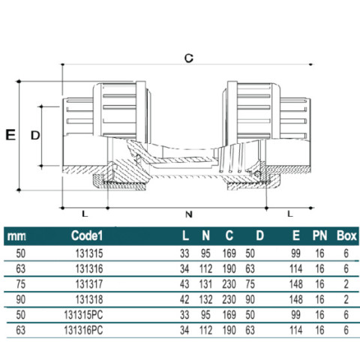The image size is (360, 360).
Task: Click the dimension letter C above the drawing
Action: [x=189, y=58]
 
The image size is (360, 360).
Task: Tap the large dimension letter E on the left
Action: [x=10, y=135]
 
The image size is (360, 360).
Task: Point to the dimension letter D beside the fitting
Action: [x=35, y=136]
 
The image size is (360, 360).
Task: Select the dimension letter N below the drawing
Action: [x=189, y=214]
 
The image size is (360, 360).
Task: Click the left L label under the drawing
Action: [x=85, y=214]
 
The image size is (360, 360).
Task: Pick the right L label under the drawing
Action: [x=289, y=214]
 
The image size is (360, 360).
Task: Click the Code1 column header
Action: [x=87, y=235]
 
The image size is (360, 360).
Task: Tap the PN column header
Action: [x=319, y=235]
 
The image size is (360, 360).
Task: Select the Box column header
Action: [x=346, y=235]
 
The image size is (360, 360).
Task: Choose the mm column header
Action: [x=16, y=236]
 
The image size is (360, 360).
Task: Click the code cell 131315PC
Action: [x=83, y=315]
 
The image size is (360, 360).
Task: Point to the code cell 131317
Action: [x=89, y=284]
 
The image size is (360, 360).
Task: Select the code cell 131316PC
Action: [x=83, y=330]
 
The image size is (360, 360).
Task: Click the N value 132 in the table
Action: [x=205, y=299]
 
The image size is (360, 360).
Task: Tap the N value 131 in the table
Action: [x=205, y=284]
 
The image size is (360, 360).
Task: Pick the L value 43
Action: [x=184, y=284]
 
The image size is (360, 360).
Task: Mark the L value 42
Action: [x=184, y=299]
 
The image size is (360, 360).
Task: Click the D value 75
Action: [x=250, y=284]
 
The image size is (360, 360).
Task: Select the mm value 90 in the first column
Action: [x=21, y=299]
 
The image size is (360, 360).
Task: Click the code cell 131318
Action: [x=89, y=299]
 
